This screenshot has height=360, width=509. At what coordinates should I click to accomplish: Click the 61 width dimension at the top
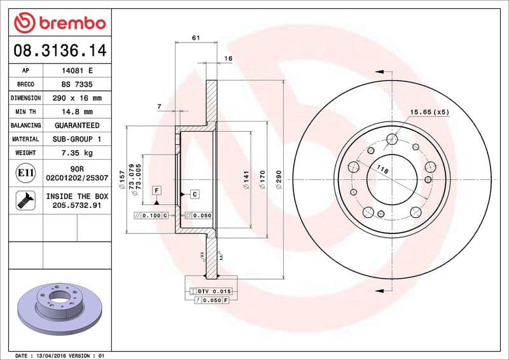pos(195,38)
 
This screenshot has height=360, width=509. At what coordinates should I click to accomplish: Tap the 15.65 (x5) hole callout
pos(429,112)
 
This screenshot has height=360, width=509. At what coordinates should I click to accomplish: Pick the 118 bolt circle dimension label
pos(382,170)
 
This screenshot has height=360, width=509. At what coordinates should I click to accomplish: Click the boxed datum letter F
pos(156,190)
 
